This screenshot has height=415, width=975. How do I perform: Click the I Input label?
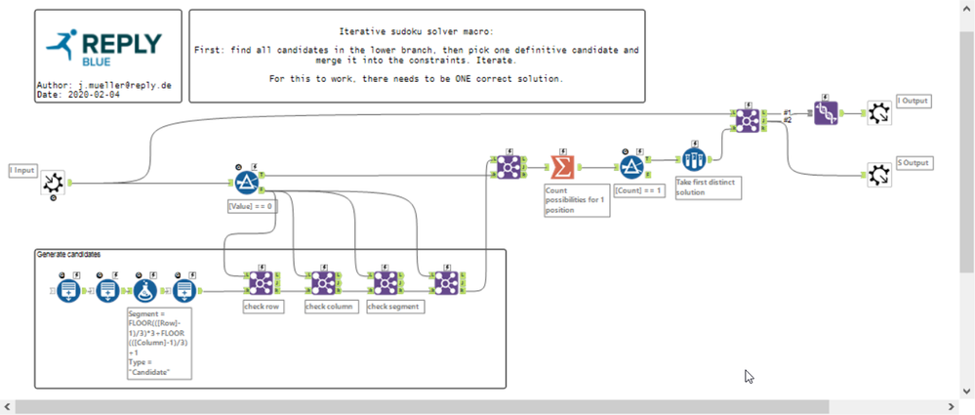tap(23, 170)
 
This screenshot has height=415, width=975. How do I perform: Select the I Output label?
tap(913, 102)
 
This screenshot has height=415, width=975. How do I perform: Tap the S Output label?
tap(914, 163)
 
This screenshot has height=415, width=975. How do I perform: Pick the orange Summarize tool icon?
tap(562, 166)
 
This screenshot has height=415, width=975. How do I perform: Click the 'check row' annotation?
tap(263, 307)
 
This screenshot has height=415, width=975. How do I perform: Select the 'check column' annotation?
tap(329, 307)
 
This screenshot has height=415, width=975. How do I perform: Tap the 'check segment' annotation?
tap(394, 307)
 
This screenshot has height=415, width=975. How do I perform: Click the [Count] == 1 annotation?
tap(637, 191)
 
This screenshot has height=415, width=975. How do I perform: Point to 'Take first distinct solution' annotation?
tap(708, 187)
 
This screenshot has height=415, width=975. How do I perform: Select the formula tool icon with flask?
tap(145, 289)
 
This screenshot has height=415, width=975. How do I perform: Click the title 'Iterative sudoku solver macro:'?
tap(417, 32)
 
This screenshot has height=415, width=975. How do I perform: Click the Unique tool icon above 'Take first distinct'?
tap(693, 160)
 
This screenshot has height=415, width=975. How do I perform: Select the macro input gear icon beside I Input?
tap(54, 182)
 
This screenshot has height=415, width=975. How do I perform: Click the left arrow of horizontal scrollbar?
tap(7, 406)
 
